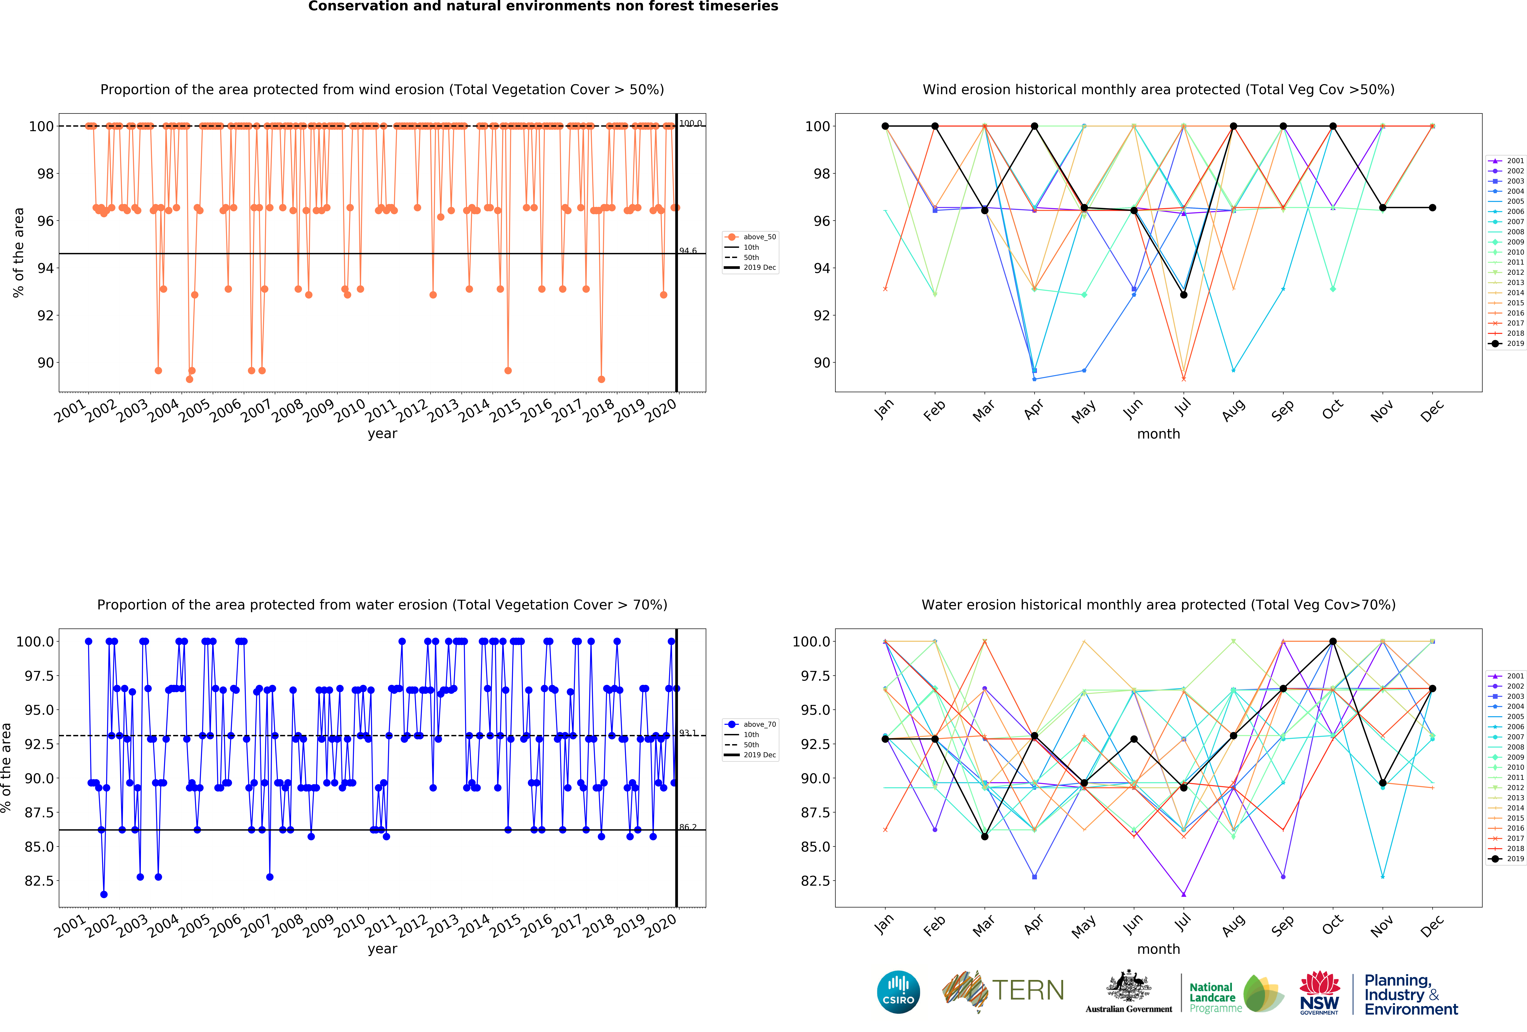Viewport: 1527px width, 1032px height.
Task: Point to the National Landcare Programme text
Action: coord(1215,997)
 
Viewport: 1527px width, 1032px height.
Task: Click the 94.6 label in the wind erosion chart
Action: coord(688,251)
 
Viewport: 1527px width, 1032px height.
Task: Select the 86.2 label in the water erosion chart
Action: coord(688,827)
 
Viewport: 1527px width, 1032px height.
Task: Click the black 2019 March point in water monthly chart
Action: coord(984,836)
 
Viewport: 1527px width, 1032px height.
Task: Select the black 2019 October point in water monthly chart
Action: coord(1333,641)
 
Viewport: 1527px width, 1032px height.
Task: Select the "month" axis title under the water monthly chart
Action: coord(1158,949)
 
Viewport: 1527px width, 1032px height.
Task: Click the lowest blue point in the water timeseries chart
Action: coord(104,894)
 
